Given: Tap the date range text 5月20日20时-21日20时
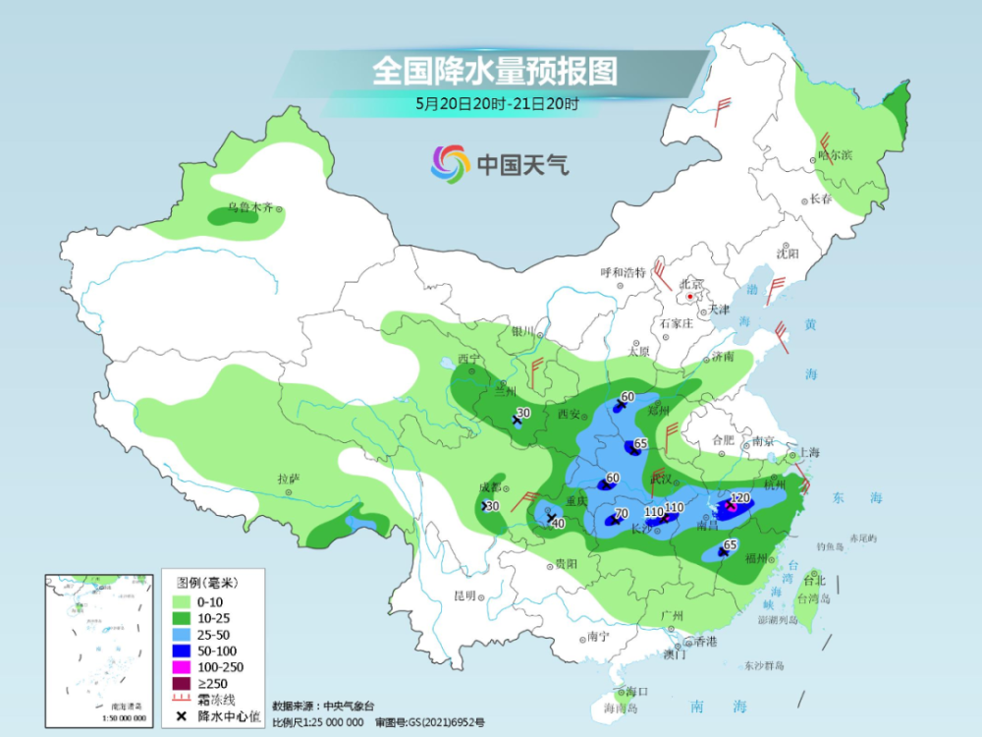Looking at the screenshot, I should point(497,102).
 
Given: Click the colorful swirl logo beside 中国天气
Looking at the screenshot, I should point(450,163).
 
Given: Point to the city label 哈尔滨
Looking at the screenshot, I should point(836,155).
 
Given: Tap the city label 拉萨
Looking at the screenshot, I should point(286,479).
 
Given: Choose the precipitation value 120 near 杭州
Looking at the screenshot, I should point(740,498).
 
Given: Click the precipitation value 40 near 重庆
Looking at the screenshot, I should point(558,523).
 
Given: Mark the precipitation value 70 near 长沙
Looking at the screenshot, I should point(621,513).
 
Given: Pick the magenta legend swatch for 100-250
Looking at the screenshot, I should point(181,667).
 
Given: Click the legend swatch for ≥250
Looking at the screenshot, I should point(181,684).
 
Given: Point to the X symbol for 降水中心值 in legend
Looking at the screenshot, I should point(181,716).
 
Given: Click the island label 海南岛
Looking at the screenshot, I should point(621,708).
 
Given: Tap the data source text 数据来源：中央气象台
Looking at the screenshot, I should point(323,706).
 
